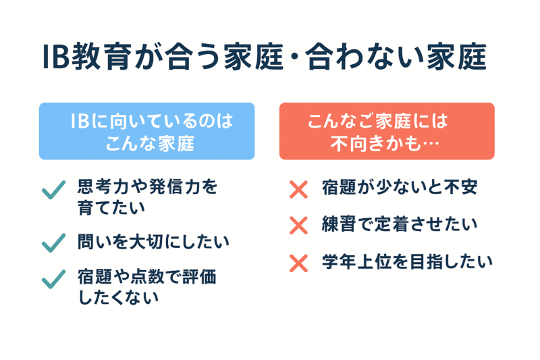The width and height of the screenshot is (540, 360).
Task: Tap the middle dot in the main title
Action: (x=294, y=57)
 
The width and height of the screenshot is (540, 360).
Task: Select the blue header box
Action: (x=146, y=131)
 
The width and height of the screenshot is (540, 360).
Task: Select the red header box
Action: (x=387, y=131)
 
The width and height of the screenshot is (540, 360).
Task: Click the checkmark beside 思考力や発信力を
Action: (x=53, y=190)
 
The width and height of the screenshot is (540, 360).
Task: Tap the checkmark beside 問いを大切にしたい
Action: (x=53, y=243)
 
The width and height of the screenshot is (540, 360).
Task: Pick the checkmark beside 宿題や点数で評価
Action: (x=53, y=279)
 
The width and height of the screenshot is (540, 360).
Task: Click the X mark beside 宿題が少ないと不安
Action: (x=298, y=190)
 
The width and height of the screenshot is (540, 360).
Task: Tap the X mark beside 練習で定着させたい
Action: (x=298, y=226)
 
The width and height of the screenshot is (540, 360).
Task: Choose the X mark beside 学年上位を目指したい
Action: (x=298, y=263)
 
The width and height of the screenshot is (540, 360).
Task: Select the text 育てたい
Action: (x=111, y=208)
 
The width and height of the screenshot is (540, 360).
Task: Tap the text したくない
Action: (x=119, y=297)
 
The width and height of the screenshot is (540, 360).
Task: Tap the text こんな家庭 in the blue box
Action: (x=150, y=143)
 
